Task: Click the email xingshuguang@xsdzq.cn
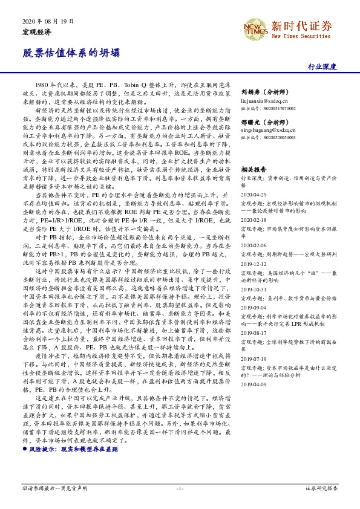267,130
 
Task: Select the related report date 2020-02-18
254,221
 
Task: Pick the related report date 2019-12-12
254,264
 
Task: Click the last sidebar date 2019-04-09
254,384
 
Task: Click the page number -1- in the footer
180,487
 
